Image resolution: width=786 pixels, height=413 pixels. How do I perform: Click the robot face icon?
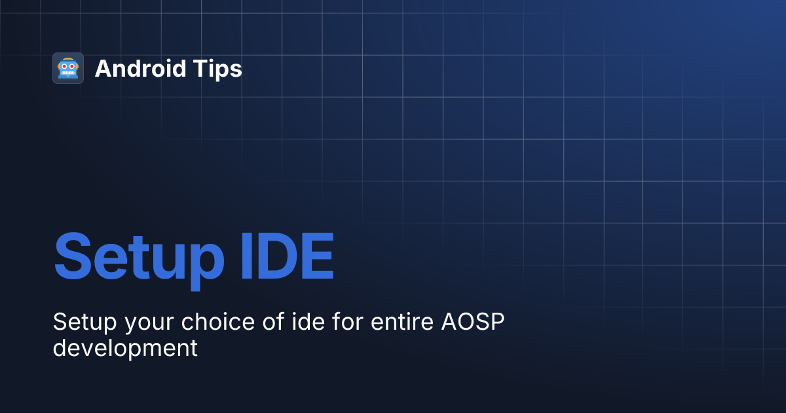tap(68, 68)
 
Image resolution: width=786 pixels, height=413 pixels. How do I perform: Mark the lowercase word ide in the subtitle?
tap(267, 322)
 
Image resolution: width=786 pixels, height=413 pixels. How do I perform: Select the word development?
tap(125, 348)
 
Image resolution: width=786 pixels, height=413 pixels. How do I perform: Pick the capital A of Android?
tap(103, 69)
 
